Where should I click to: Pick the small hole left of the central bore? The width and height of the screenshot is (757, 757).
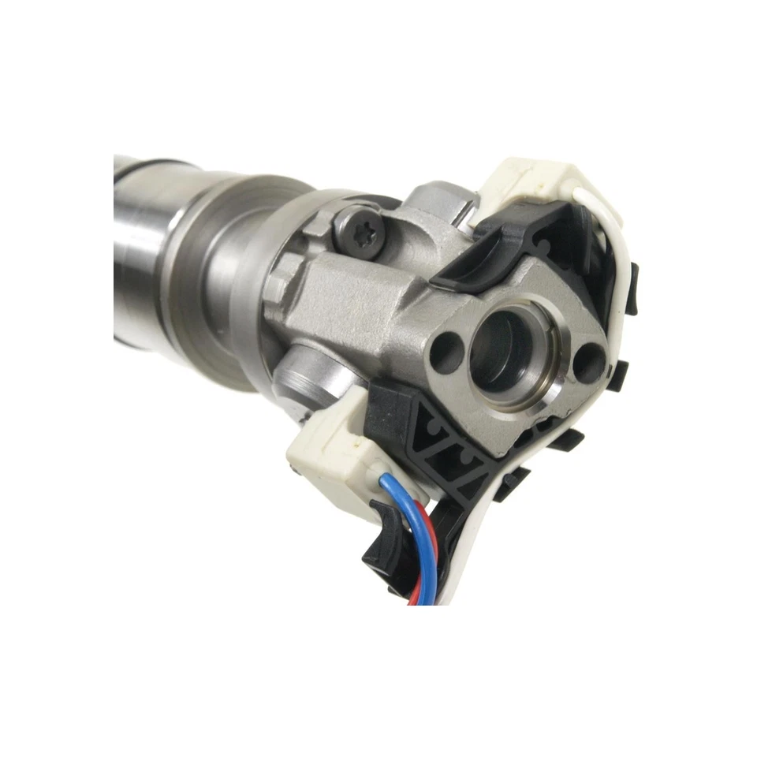[x=446, y=346]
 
